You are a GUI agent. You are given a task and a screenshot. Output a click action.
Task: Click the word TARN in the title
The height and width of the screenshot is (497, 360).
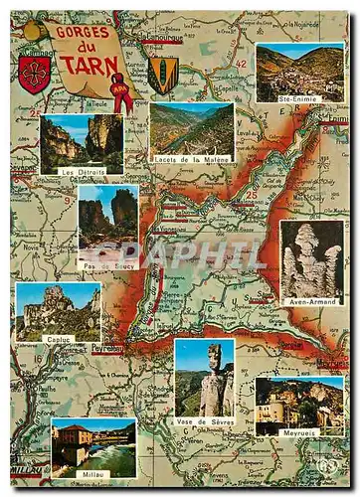(87, 66)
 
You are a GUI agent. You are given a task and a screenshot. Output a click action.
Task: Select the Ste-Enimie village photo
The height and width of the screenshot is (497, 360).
(299, 72)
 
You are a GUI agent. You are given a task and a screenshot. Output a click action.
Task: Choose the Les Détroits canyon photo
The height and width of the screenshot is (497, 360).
(83, 140)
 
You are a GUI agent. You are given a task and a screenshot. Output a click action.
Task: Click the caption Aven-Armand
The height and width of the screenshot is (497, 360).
(311, 299)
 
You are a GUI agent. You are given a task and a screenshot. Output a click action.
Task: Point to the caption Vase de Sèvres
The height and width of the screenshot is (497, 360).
(204, 420)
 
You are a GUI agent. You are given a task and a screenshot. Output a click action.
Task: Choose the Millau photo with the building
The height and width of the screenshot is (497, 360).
(92, 445)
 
